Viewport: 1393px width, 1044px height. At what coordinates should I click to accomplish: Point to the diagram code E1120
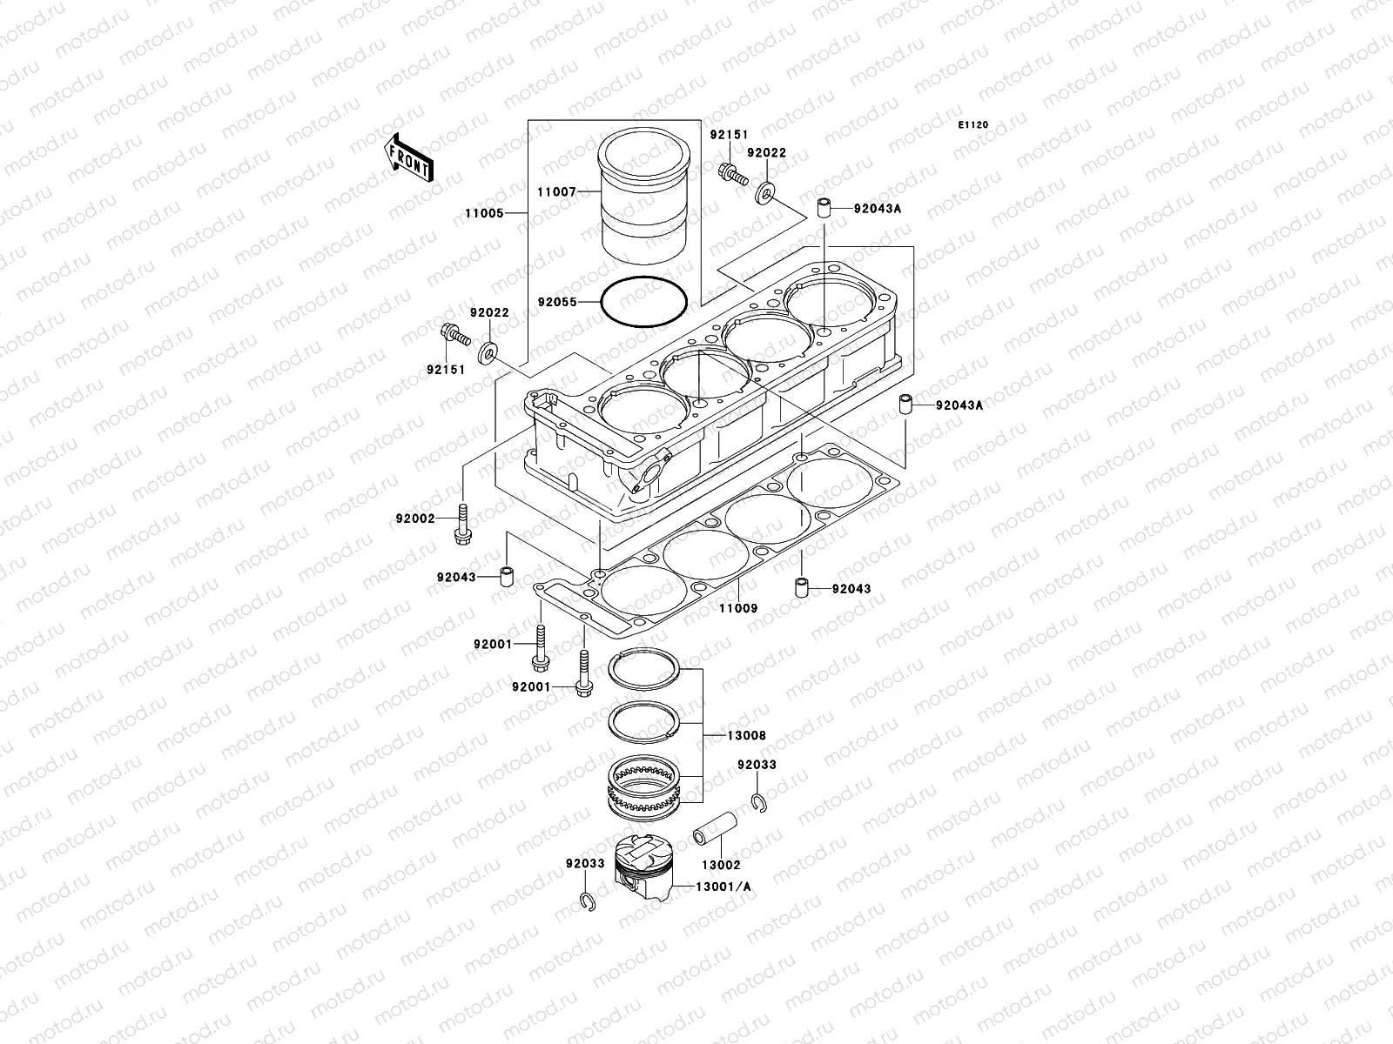[x=973, y=125]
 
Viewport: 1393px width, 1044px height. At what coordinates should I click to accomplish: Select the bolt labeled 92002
[x=462, y=523]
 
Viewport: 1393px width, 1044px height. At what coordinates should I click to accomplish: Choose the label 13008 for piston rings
[x=746, y=735]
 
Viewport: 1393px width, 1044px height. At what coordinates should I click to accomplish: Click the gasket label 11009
[x=737, y=609]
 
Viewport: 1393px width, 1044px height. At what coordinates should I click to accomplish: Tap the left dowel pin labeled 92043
[x=504, y=577]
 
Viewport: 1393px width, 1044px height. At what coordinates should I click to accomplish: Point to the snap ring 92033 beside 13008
[x=757, y=802]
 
